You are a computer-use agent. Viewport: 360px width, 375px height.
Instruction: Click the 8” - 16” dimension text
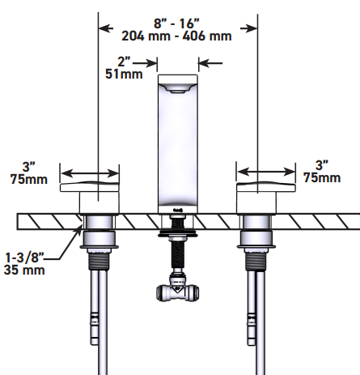coord(176,23)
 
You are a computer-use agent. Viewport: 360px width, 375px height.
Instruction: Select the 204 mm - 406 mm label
coord(176,36)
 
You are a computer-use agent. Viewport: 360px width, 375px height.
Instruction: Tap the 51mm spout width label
coord(124,74)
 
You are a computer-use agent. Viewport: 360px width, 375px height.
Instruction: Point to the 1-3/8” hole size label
coord(24,258)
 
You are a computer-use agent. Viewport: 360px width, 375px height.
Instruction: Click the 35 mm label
coord(24,270)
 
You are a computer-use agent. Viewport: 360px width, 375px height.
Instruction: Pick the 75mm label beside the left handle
coord(29,179)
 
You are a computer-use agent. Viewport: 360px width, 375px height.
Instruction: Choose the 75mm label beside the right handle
coord(322,177)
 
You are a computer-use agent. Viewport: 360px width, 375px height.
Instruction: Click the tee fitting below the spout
coord(178,289)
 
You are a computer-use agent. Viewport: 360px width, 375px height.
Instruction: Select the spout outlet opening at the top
coord(178,88)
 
